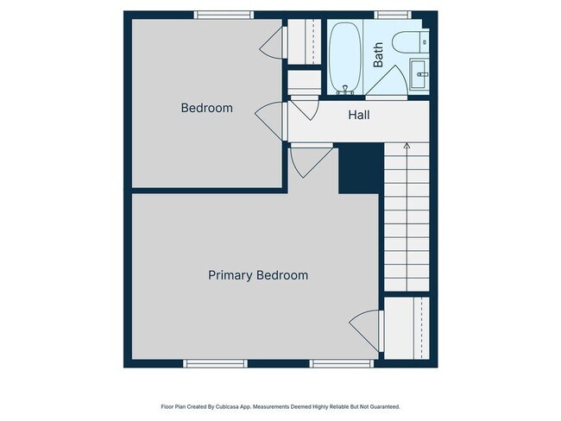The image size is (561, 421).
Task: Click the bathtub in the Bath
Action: click(x=344, y=57)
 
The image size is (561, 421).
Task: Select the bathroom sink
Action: click(x=419, y=73)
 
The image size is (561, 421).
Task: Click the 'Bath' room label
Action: click(x=378, y=57)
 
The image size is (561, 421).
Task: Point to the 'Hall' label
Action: click(x=359, y=115)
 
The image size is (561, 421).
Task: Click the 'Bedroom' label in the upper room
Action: click(x=206, y=108)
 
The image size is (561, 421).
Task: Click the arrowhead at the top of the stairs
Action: click(x=407, y=148)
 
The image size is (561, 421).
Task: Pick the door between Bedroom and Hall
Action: click(x=270, y=117)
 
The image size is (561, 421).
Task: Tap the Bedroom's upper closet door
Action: click(x=274, y=41)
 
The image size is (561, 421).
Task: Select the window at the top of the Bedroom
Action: click(x=224, y=15)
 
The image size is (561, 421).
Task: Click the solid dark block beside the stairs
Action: click(x=359, y=169)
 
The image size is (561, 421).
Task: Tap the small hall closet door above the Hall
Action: click(x=303, y=107)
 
